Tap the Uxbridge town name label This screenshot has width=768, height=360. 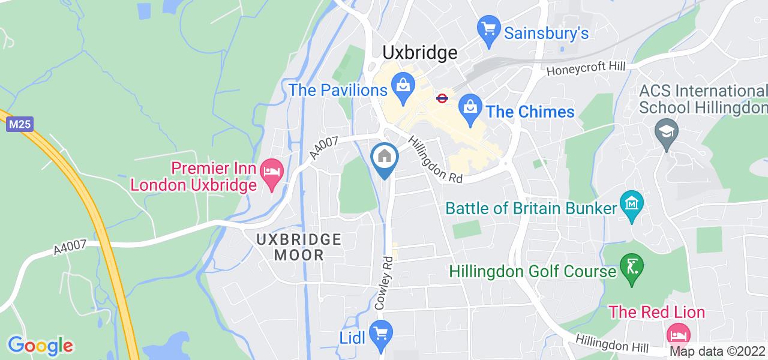pos(420,53)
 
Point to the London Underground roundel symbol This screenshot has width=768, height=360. pos(442,98)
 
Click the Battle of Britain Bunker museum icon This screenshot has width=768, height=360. pos(632,204)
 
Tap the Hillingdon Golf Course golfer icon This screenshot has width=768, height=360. pos(631,268)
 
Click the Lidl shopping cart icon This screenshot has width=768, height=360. pos(379,333)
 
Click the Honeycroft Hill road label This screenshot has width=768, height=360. pos(586,70)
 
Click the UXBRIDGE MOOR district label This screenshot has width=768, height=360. pos(299,247)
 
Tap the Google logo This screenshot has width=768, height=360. pos(40,346)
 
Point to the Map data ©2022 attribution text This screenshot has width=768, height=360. pos(717,352)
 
